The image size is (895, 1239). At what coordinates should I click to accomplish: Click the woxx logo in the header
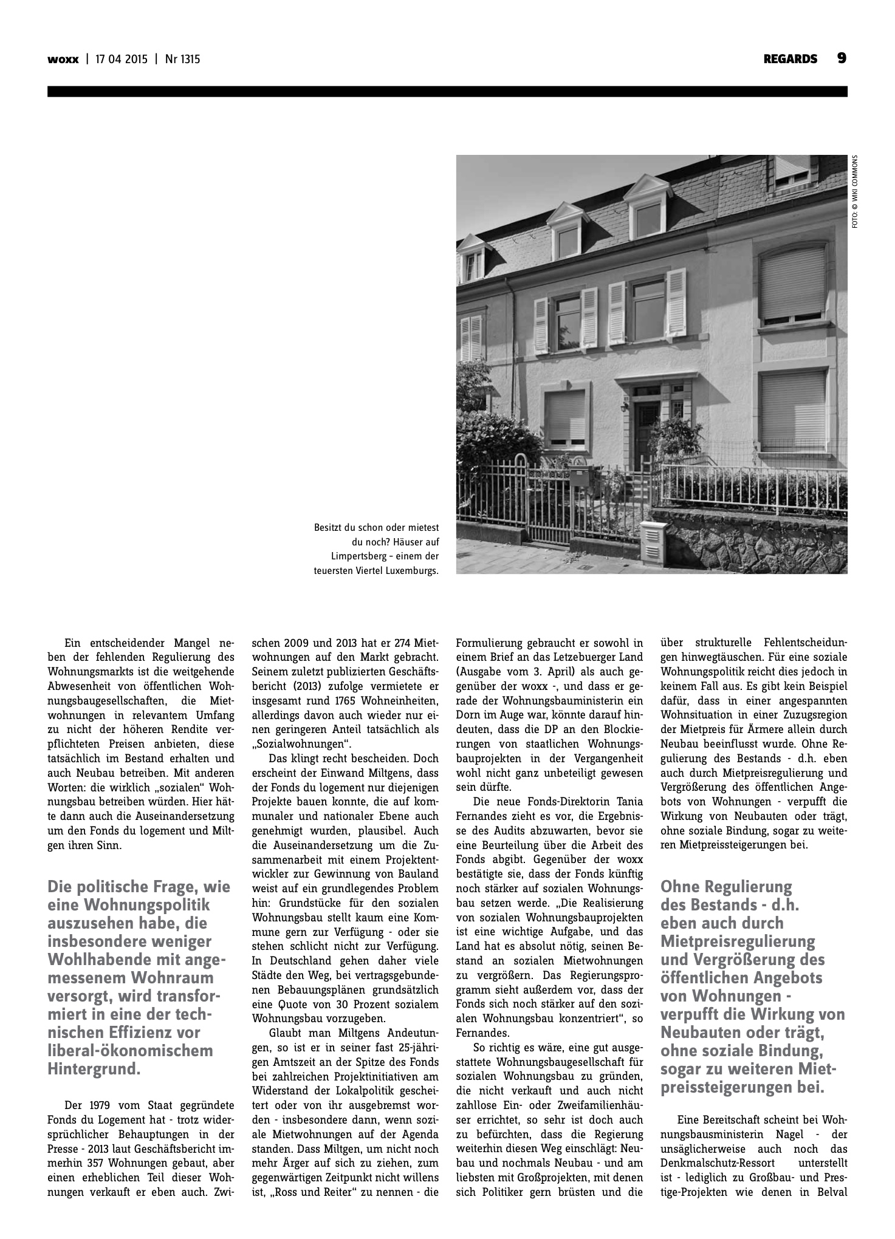tap(63, 60)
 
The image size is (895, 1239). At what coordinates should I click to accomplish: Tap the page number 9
tap(842, 58)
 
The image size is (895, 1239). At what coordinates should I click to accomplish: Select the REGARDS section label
tap(790, 60)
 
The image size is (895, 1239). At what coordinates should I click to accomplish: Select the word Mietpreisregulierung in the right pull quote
tap(738, 941)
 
